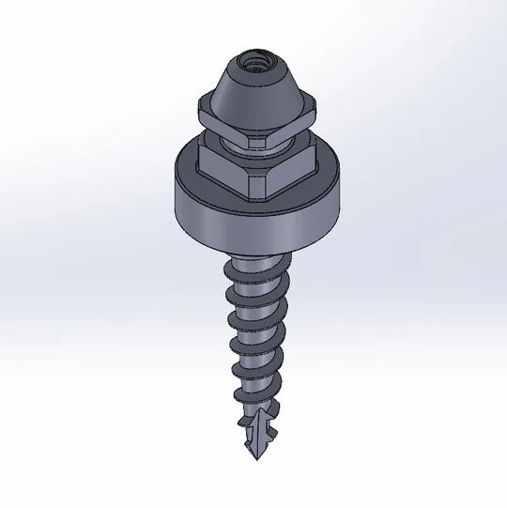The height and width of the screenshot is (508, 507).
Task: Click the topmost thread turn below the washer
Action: [x=249, y=272]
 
